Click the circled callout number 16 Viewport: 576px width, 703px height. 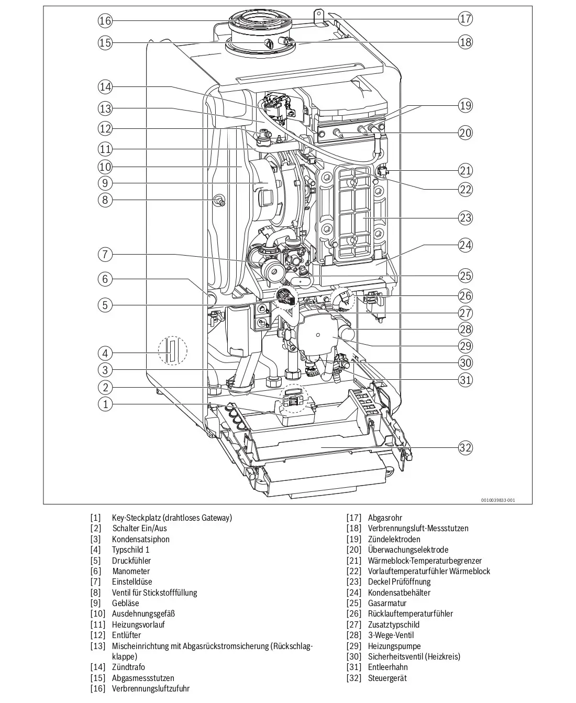click(105, 20)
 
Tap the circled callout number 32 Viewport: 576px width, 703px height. click(465, 447)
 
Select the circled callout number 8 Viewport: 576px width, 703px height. click(105, 200)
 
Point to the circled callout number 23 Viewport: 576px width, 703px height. click(465, 218)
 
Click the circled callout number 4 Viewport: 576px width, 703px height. click(105, 353)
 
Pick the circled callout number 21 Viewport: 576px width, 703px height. click(465, 171)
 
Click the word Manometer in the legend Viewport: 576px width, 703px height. click(131, 571)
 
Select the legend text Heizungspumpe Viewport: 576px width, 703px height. click(394, 646)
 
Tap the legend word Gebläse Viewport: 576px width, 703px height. click(125, 602)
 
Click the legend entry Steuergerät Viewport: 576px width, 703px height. click(387, 678)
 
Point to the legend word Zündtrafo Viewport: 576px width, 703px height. click(128, 667)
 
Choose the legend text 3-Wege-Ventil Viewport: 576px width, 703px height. click(391, 635)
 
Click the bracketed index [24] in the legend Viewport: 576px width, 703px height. click(353, 592)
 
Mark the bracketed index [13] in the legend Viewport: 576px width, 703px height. click(97, 646)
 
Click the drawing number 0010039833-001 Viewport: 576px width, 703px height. click(497, 500)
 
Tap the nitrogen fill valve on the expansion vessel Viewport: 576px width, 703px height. click(220, 200)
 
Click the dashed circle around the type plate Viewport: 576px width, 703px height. click(173, 350)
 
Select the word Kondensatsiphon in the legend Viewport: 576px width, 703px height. click(140, 539)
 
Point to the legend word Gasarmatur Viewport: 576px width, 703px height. click(387, 603)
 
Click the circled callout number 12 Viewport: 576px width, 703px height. click(105, 128)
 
